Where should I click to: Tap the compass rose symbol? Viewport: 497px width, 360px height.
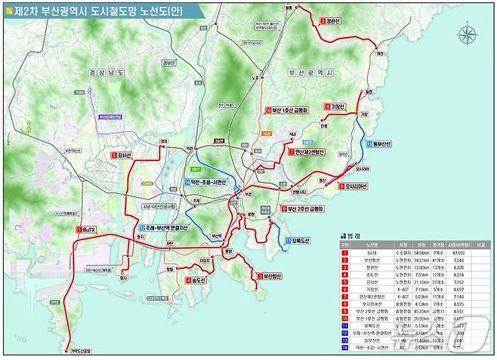(468, 35)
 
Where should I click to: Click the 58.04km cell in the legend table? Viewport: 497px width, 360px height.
(403, 254)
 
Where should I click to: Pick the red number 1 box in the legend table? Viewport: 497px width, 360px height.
(344, 254)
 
